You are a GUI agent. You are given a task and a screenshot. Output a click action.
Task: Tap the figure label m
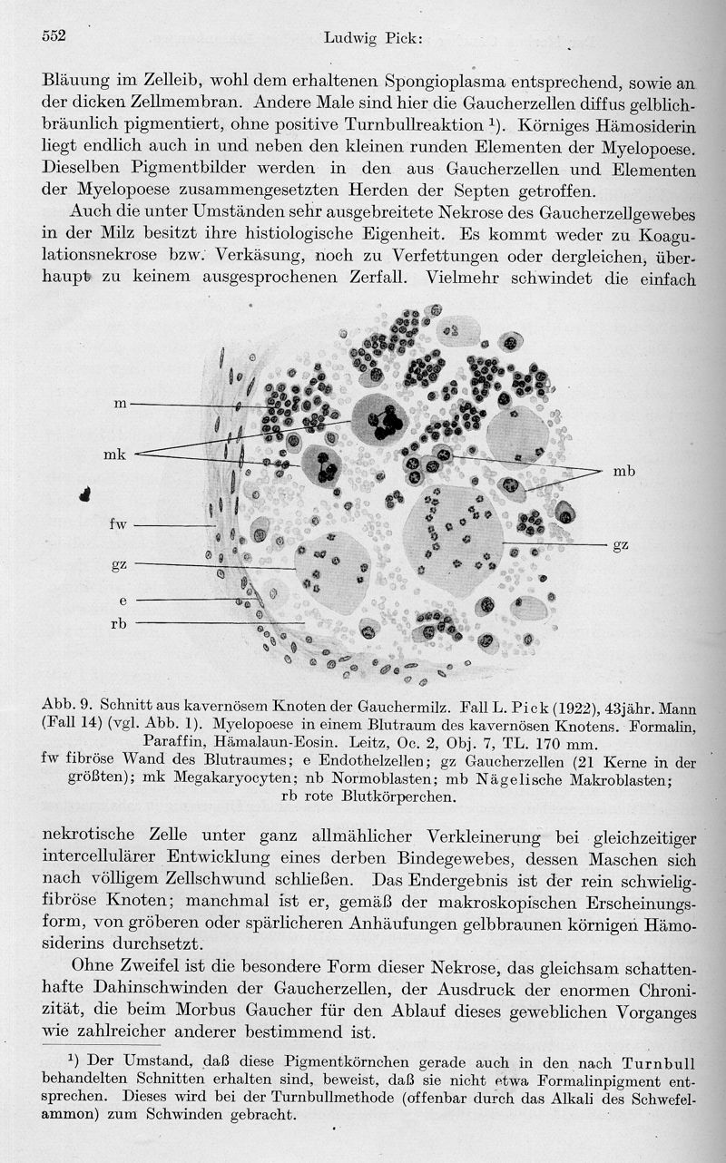[119, 404]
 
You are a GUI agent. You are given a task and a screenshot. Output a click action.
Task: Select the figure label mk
[113, 454]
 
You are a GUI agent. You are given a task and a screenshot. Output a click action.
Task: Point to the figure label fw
[119, 525]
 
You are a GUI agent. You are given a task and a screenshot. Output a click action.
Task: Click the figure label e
[122, 601]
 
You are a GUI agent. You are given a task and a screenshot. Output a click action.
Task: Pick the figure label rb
[119, 623]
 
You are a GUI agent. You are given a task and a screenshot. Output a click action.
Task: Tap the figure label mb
[623, 471]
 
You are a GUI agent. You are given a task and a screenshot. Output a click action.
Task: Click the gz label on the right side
[621, 544]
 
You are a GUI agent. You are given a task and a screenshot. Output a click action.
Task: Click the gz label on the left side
[119, 564]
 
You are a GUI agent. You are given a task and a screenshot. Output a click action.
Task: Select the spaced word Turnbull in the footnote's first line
[653, 1062]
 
